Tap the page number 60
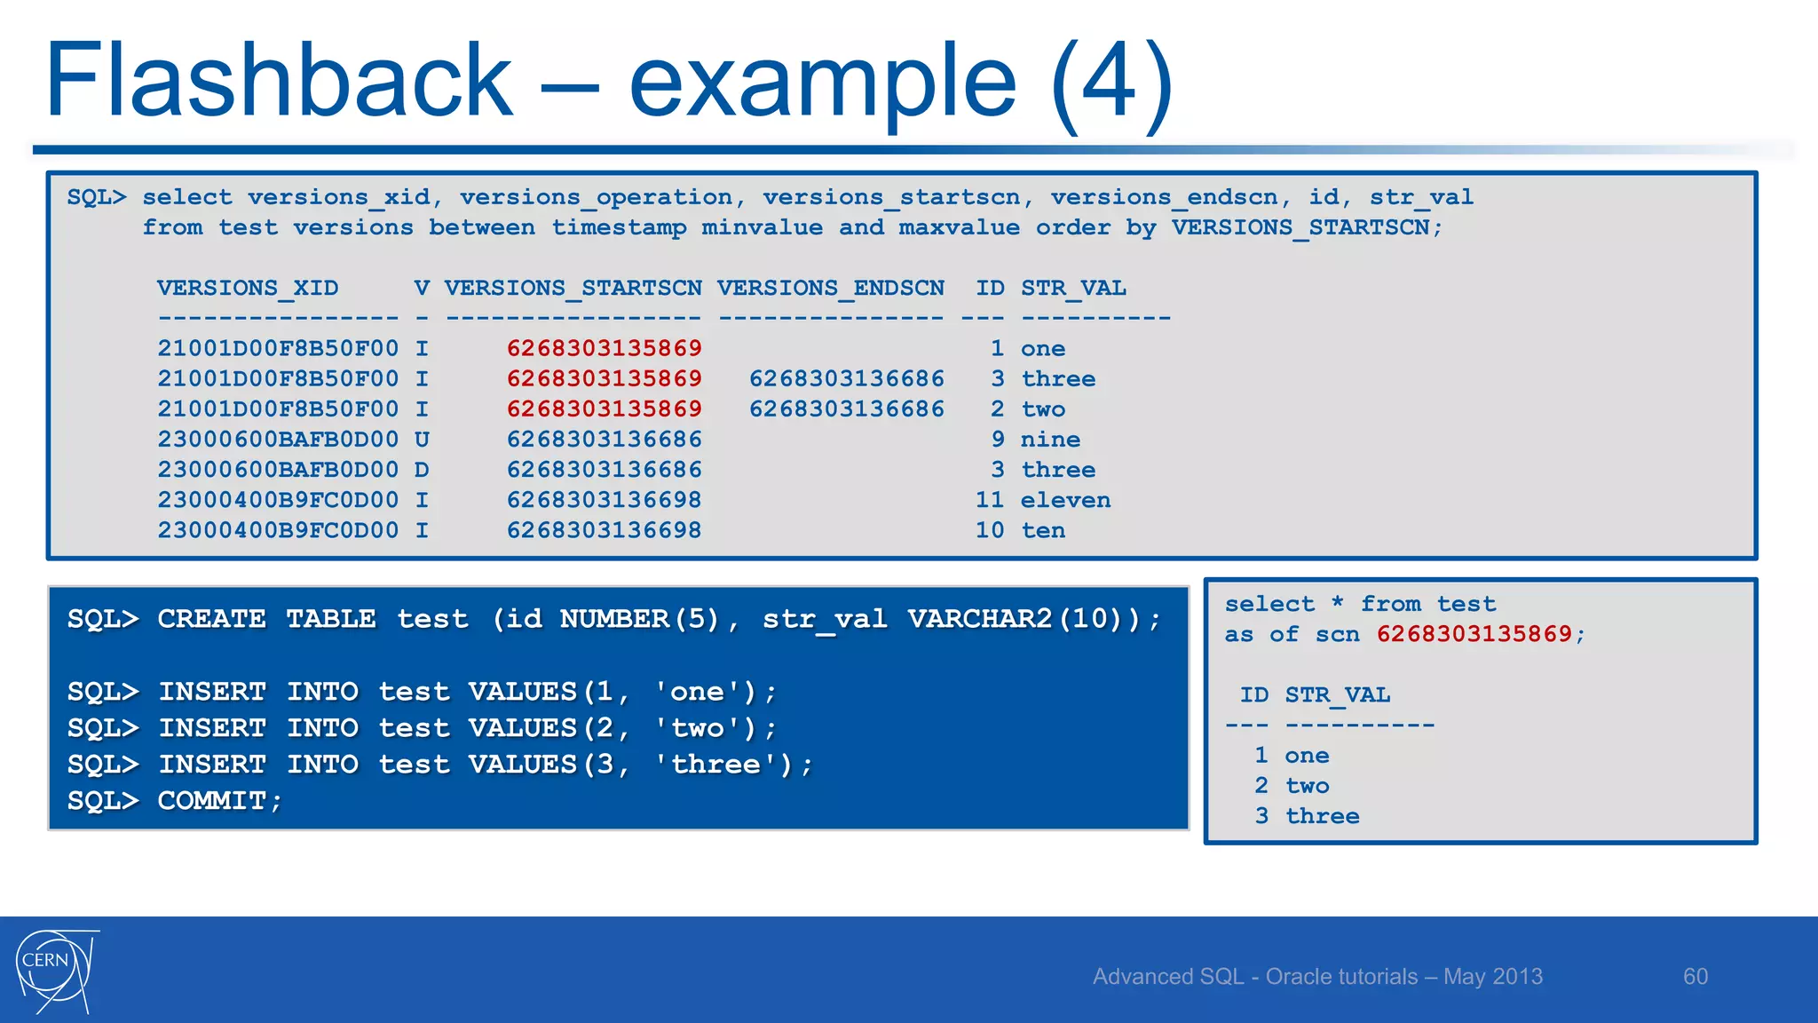[x=1695, y=977]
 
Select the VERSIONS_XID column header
[x=248, y=289]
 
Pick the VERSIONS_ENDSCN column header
[x=830, y=289]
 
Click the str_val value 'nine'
[x=1050, y=440]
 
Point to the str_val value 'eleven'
[x=1065, y=501]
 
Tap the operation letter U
[x=422, y=440]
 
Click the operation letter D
[x=422, y=470]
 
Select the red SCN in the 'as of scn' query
[x=1474, y=634]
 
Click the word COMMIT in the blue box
[x=211, y=801]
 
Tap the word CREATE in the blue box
[x=211, y=619]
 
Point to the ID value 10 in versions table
[x=989, y=531]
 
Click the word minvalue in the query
[x=762, y=228]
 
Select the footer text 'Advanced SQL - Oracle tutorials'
[x=1255, y=977]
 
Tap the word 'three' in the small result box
[x=1322, y=816]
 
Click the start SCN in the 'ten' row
[x=604, y=531]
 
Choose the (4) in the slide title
[x=1111, y=81]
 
